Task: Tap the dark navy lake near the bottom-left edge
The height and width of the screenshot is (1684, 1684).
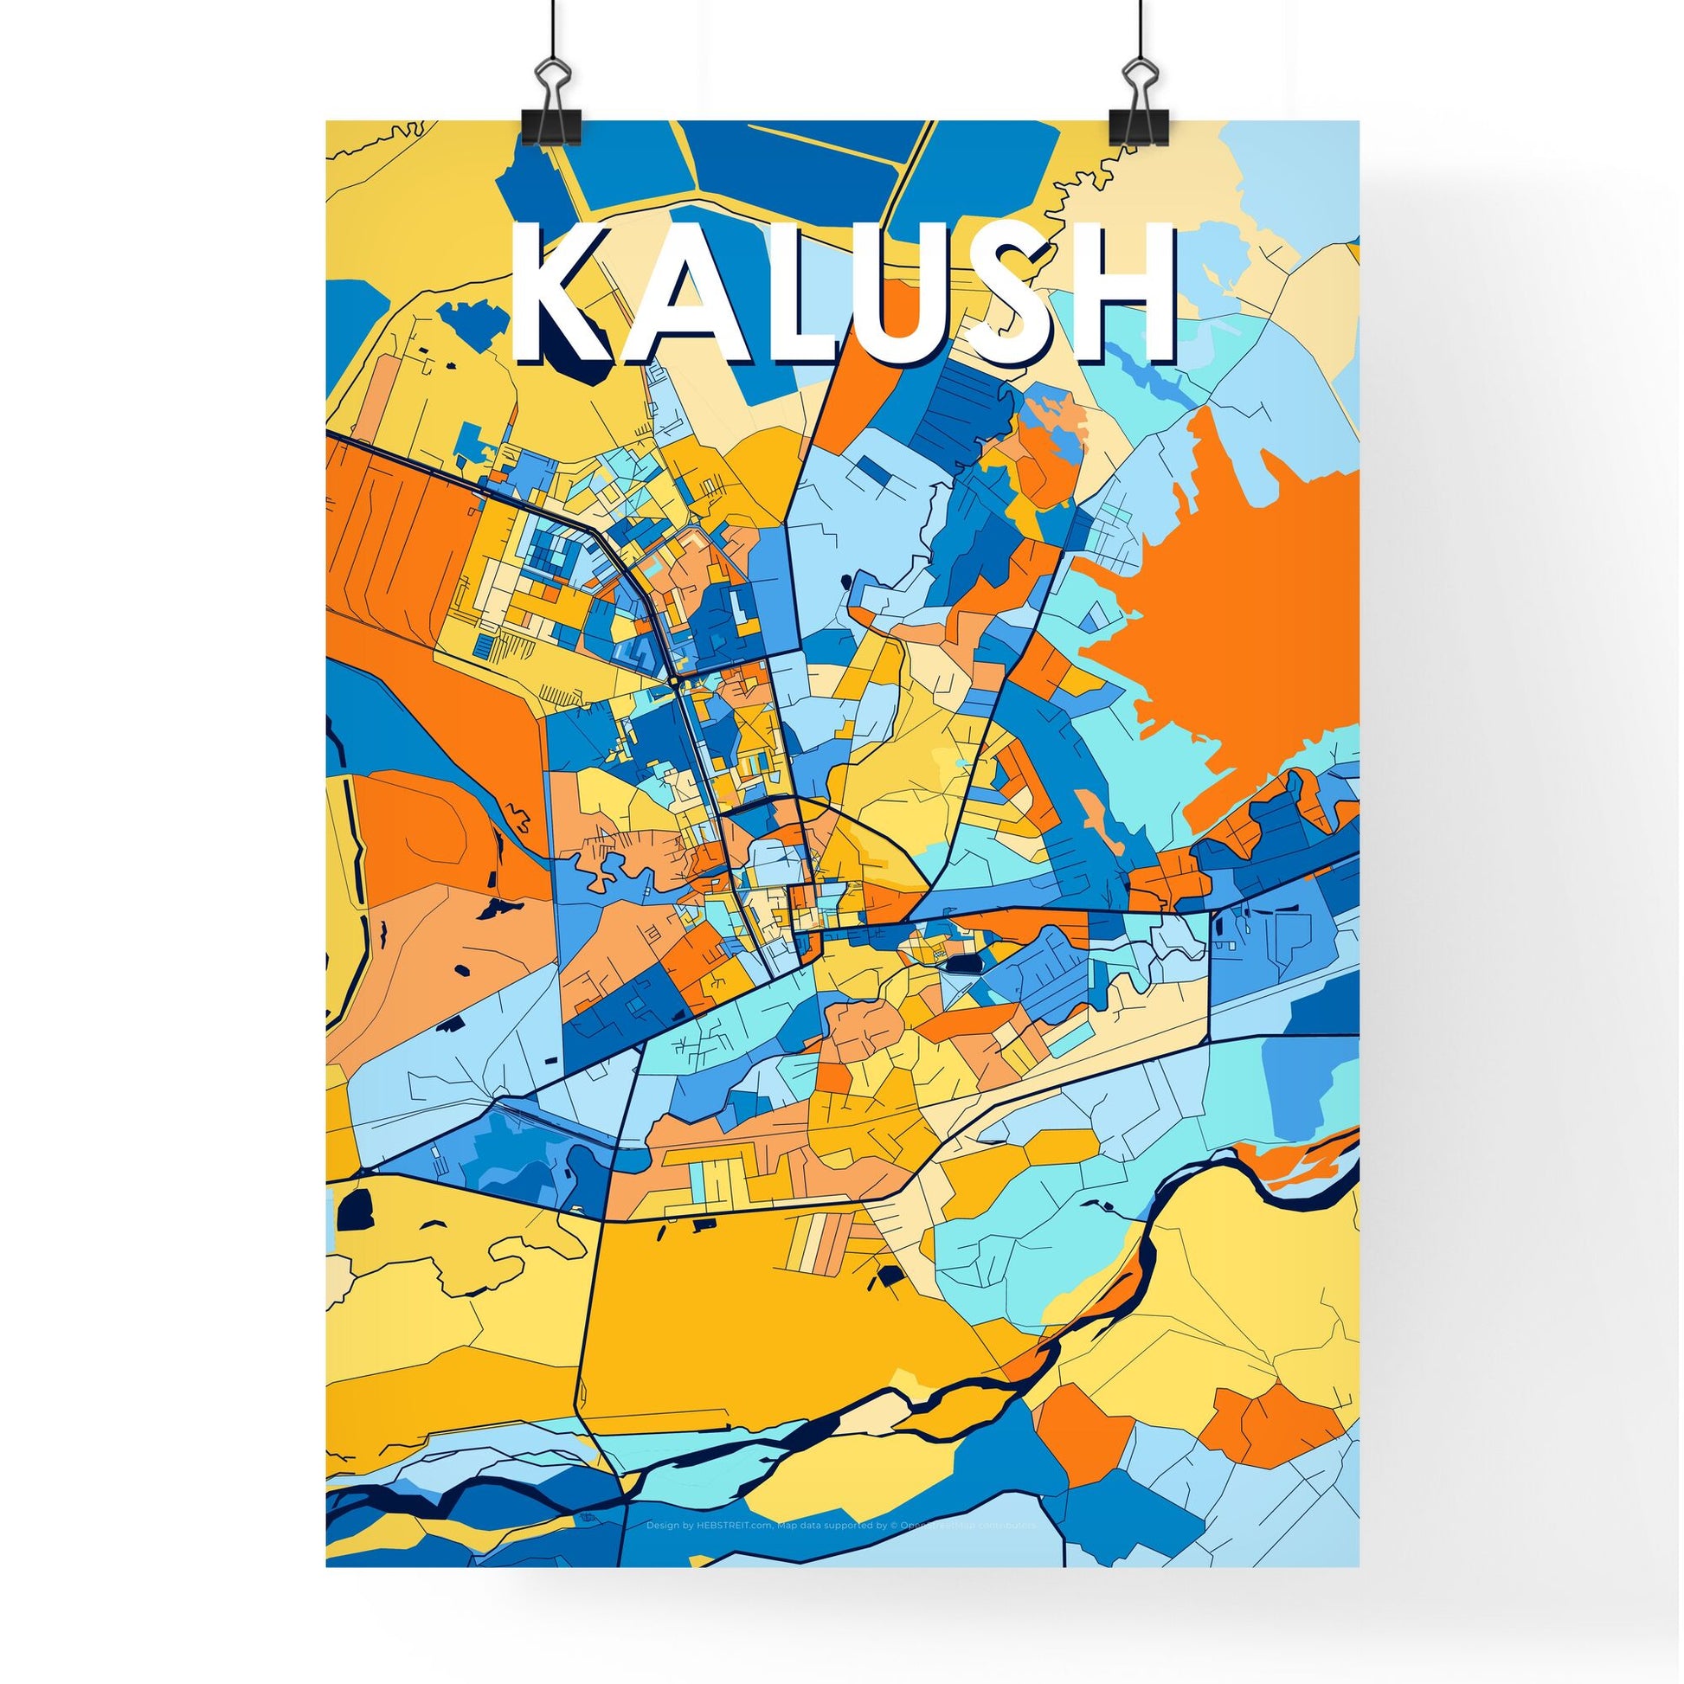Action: tap(355, 1209)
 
